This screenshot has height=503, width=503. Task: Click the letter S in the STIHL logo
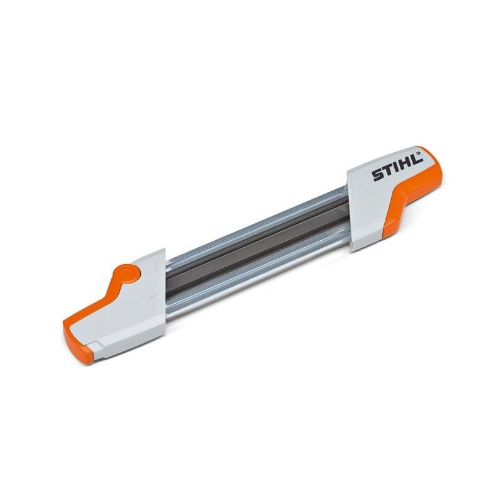(x=377, y=175)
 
